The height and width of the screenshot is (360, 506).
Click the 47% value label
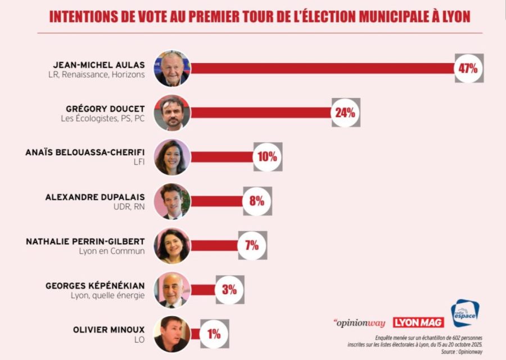click(468, 69)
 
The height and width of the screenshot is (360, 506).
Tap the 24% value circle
click(345, 112)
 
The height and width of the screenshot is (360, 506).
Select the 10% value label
click(268, 157)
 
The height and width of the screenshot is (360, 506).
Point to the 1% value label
click(214, 334)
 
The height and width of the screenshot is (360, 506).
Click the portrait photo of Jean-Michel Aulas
click(173, 69)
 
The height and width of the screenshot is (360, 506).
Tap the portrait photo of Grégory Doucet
click(173, 112)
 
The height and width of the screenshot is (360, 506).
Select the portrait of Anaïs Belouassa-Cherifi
click(173, 157)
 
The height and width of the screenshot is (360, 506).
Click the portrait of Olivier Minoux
click(173, 334)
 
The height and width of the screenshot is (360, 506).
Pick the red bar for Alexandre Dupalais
click(216, 201)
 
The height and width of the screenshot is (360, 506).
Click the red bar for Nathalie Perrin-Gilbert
click(214, 245)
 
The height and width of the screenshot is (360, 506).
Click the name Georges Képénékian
click(95, 286)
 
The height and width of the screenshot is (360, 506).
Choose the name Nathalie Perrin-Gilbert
click(85, 241)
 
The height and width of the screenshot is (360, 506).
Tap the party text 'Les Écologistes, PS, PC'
click(103, 119)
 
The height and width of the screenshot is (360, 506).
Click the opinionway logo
click(359, 323)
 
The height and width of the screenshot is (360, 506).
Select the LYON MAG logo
click(418, 323)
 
